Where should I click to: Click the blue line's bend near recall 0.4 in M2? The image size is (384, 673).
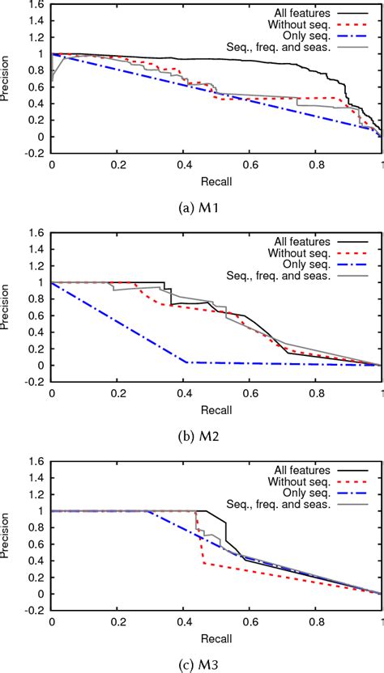point(187,362)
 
